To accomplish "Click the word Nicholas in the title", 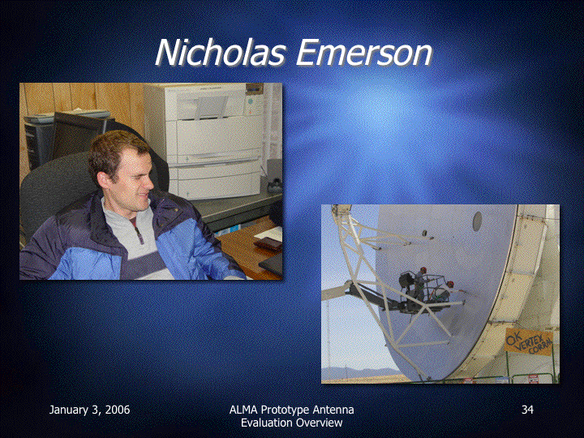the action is (x=221, y=53).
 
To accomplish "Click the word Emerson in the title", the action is (x=364, y=53).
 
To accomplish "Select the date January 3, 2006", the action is (x=89, y=410).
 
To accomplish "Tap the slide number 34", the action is (x=527, y=410).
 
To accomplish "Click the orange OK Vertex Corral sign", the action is (x=529, y=342).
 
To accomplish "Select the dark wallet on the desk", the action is (x=268, y=243).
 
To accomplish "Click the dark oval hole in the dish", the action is (x=477, y=221).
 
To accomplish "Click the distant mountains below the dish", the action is (x=359, y=372).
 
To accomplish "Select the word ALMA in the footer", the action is (x=243, y=410).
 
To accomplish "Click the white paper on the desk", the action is (x=269, y=234).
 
